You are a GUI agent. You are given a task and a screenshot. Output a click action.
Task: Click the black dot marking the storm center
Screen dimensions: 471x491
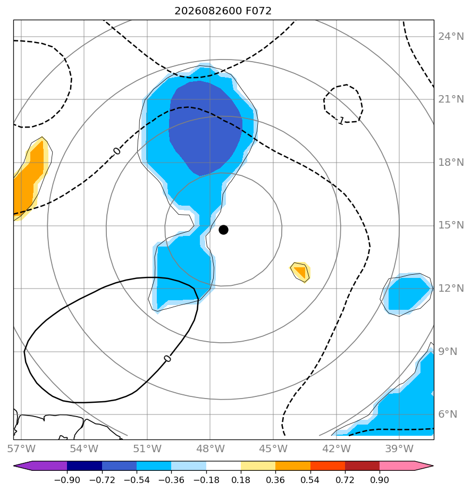[223, 230]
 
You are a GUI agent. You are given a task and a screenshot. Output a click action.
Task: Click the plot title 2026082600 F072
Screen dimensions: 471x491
[223, 11]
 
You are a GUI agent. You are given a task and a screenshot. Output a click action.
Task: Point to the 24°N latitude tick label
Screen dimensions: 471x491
[451, 37]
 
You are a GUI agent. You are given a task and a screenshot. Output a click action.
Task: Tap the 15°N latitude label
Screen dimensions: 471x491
[451, 225]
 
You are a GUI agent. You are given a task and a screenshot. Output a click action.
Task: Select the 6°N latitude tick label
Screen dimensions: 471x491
[448, 414]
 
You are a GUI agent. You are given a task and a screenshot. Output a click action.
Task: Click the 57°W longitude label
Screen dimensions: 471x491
[21, 448]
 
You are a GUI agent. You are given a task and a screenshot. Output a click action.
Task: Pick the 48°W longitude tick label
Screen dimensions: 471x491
[210, 448]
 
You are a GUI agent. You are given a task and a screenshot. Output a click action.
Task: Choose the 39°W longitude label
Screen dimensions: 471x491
[399, 448]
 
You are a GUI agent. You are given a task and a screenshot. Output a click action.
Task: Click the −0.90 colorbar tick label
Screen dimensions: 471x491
[67, 480]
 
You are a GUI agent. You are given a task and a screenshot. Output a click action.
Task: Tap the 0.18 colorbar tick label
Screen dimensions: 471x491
[241, 480]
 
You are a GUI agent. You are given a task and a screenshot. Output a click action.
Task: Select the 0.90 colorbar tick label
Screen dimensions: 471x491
[380, 480]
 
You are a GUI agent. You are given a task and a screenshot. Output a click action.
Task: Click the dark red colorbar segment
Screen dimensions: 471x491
[363, 465]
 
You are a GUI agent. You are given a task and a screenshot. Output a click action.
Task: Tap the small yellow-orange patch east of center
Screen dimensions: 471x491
[300, 272]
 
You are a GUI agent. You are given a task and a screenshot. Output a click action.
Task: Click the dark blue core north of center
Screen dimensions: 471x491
[205, 127]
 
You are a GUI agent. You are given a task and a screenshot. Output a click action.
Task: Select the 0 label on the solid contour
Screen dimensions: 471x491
[167, 359]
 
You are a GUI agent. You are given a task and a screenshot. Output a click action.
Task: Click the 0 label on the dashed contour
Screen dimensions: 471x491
[116, 151]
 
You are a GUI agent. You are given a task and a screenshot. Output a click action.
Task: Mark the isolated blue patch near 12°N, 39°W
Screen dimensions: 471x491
[407, 294]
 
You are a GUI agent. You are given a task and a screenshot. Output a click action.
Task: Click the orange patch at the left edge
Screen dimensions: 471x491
[30, 179]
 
